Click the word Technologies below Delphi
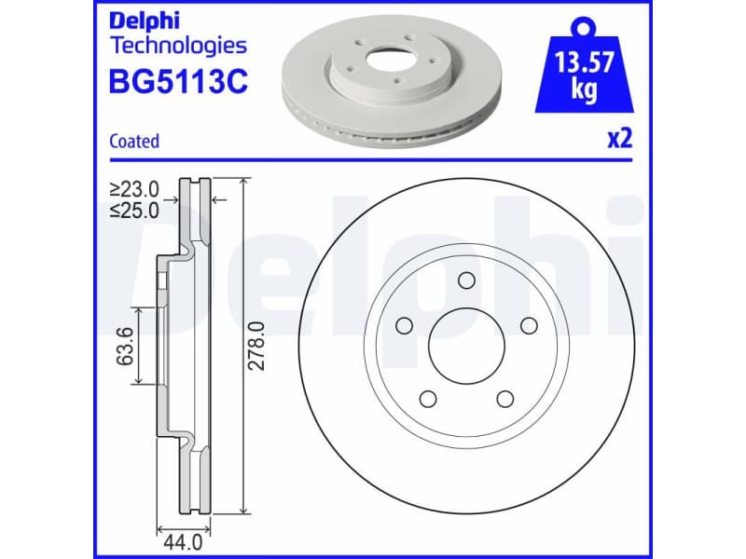pyautogui.click(x=178, y=45)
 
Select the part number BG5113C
pyautogui.click(x=178, y=82)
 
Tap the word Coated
pyautogui.click(x=134, y=142)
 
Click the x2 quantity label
pyautogui.click(x=619, y=139)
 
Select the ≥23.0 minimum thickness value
pyautogui.click(x=133, y=190)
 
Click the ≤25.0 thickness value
pyautogui.click(x=133, y=210)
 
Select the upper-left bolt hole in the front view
pyautogui.click(x=405, y=325)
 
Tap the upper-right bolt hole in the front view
pyautogui.click(x=529, y=325)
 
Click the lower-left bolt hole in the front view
pyautogui.click(x=429, y=399)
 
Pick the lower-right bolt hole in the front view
pyautogui.click(x=504, y=399)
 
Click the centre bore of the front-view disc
pyautogui.click(x=466, y=346)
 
